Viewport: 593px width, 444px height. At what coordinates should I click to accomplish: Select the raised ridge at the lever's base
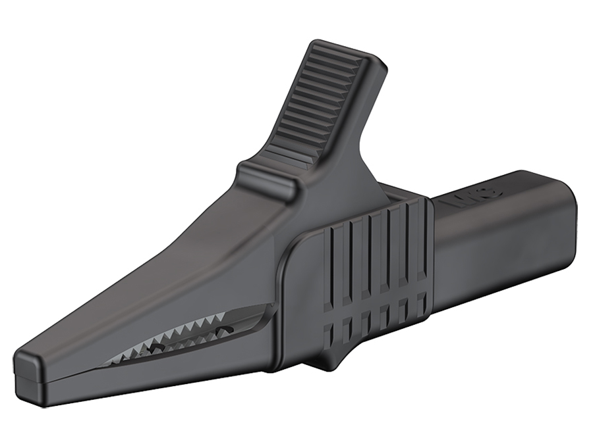coord(267,181)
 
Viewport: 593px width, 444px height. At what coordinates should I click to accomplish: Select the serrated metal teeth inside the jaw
coord(178,335)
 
